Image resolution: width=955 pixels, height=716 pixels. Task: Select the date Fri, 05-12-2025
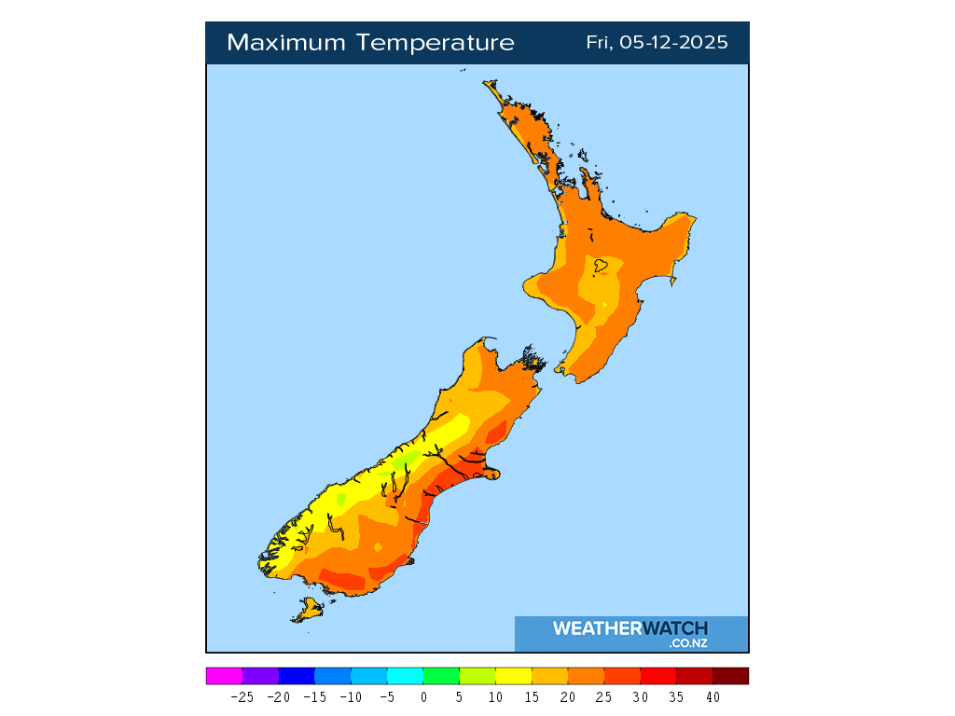[x=657, y=43]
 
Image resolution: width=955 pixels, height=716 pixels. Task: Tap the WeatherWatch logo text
[x=630, y=628]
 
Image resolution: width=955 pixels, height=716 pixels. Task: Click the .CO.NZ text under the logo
[x=687, y=643]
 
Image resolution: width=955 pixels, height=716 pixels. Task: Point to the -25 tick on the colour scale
[x=242, y=696]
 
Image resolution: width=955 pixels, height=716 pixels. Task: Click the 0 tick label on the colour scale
[x=423, y=696]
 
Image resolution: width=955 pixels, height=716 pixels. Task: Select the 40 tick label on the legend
[x=713, y=696]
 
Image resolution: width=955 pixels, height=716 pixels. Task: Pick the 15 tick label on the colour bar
[x=532, y=696]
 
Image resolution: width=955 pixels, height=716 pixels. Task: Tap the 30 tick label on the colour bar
[x=641, y=696]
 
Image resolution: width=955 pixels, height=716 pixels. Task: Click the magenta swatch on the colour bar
[x=224, y=676]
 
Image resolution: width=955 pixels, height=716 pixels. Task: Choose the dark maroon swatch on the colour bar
[x=730, y=676]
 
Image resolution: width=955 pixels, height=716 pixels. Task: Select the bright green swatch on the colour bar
[x=441, y=676]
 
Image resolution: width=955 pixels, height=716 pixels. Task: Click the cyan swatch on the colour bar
[x=405, y=676]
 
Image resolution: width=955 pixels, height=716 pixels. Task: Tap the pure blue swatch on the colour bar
[x=297, y=676]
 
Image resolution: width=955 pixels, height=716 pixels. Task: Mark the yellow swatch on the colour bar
[x=513, y=676]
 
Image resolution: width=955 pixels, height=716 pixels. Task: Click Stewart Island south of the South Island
[x=308, y=611]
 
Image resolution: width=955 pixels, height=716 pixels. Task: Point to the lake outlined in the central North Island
[x=602, y=267]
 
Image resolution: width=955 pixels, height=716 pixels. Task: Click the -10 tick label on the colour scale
[x=351, y=696]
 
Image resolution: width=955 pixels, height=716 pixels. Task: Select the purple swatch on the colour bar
[x=260, y=676]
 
